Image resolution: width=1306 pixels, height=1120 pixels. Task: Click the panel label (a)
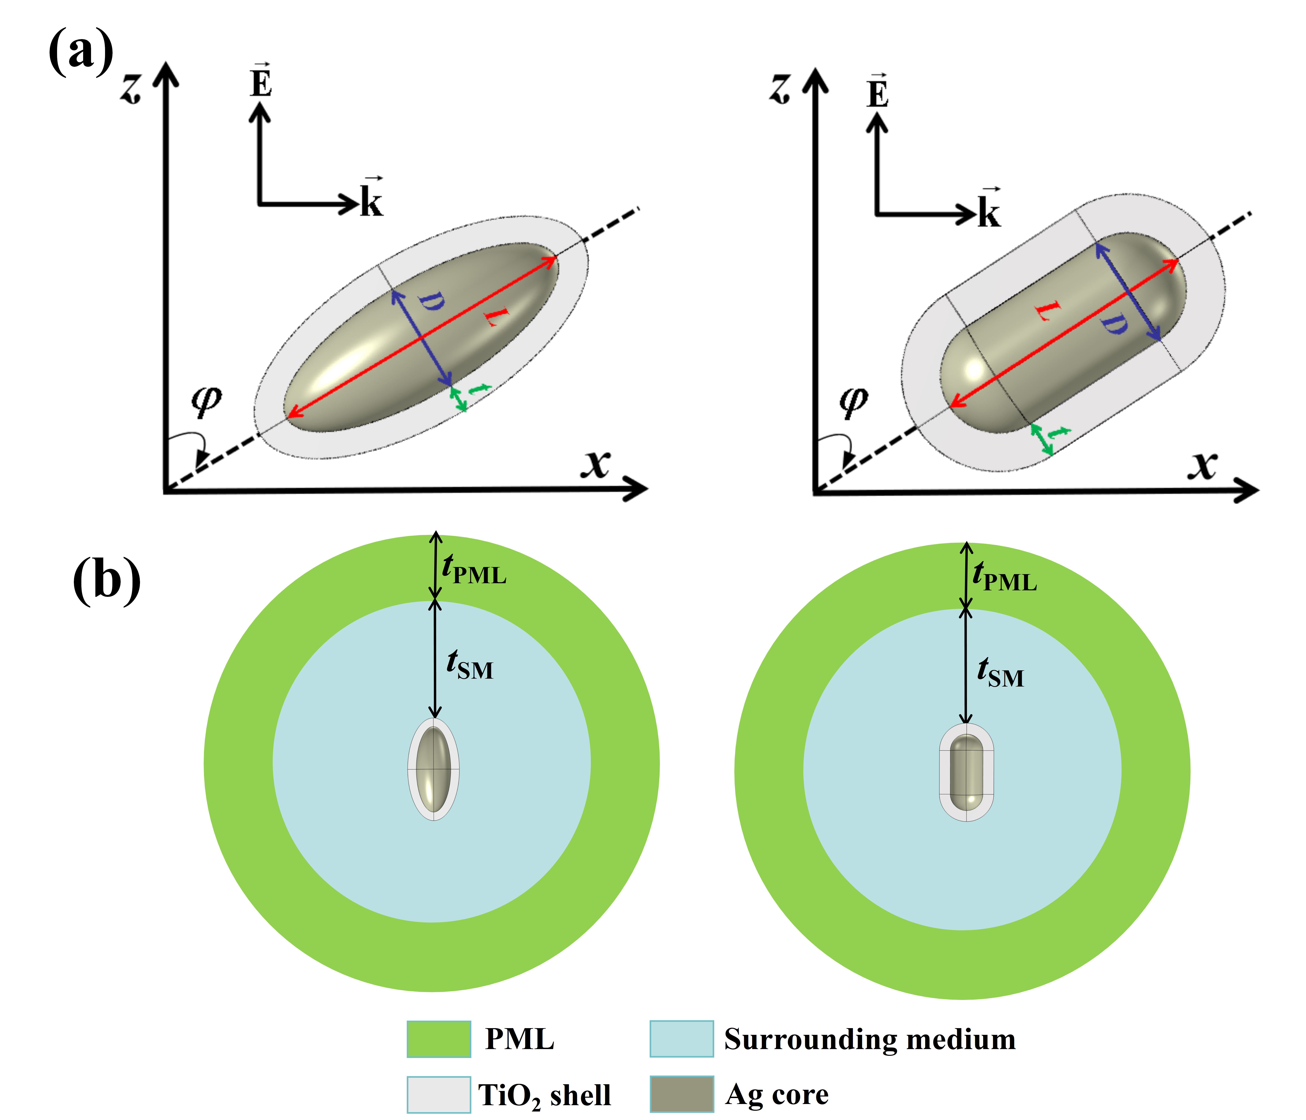[81, 52]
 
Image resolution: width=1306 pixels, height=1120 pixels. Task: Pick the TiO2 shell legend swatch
[439, 1094]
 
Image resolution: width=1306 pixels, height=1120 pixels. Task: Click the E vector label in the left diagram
[260, 82]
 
